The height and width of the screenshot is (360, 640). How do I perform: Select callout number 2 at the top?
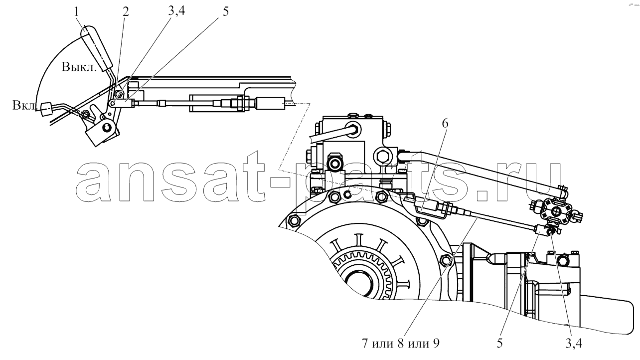[126, 12]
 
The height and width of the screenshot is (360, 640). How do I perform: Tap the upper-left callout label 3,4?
[176, 11]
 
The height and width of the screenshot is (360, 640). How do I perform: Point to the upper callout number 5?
[226, 12]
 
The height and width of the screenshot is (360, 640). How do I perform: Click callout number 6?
[445, 124]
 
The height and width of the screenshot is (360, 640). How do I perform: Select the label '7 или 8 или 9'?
[400, 344]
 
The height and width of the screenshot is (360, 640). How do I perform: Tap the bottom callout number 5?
[499, 344]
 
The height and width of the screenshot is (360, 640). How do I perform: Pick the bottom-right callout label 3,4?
[574, 344]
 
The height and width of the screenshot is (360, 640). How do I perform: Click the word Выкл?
[79, 67]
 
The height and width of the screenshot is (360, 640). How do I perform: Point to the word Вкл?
[24, 105]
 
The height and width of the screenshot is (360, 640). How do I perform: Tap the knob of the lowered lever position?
[46, 110]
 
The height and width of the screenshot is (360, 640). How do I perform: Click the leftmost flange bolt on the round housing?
[295, 221]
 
